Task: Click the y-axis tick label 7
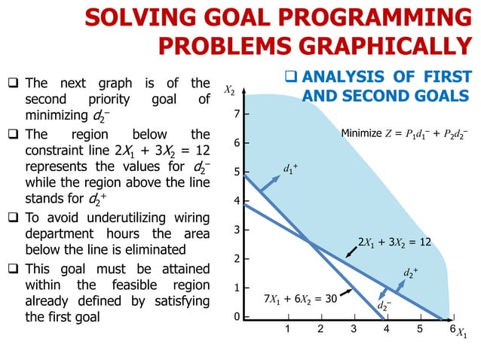pyautogui.click(x=236, y=114)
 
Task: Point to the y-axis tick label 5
pyautogui.click(x=236, y=172)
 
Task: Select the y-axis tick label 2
pyautogui.click(x=236, y=259)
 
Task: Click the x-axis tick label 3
pyautogui.click(x=354, y=329)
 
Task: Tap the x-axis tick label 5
pyautogui.click(x=419, y=329)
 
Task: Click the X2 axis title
pyautogui.click(x=229, y=91)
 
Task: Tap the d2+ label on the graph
pyautogui.click(x=411, y=271)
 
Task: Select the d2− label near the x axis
pyautogui.click(x=384, y=306)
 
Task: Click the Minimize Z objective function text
pyautogui.click(x=404, y=134)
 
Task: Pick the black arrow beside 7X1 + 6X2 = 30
pyautogui.click(x=346, y=291)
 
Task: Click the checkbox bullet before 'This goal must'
pyautogui.click(x=17, y=270)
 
